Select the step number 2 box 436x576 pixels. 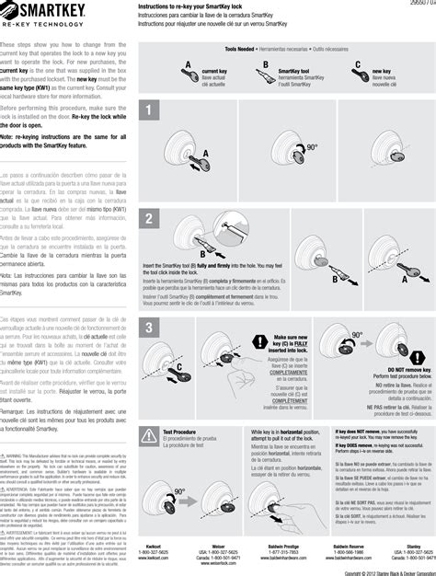coord(148,219)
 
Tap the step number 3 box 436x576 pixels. coord(148,328)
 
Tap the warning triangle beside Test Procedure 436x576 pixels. coord(149,434)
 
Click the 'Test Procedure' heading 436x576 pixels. coord(179,431)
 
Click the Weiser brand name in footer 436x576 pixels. coord(219,546)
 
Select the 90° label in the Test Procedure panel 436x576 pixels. coord(179,491)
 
